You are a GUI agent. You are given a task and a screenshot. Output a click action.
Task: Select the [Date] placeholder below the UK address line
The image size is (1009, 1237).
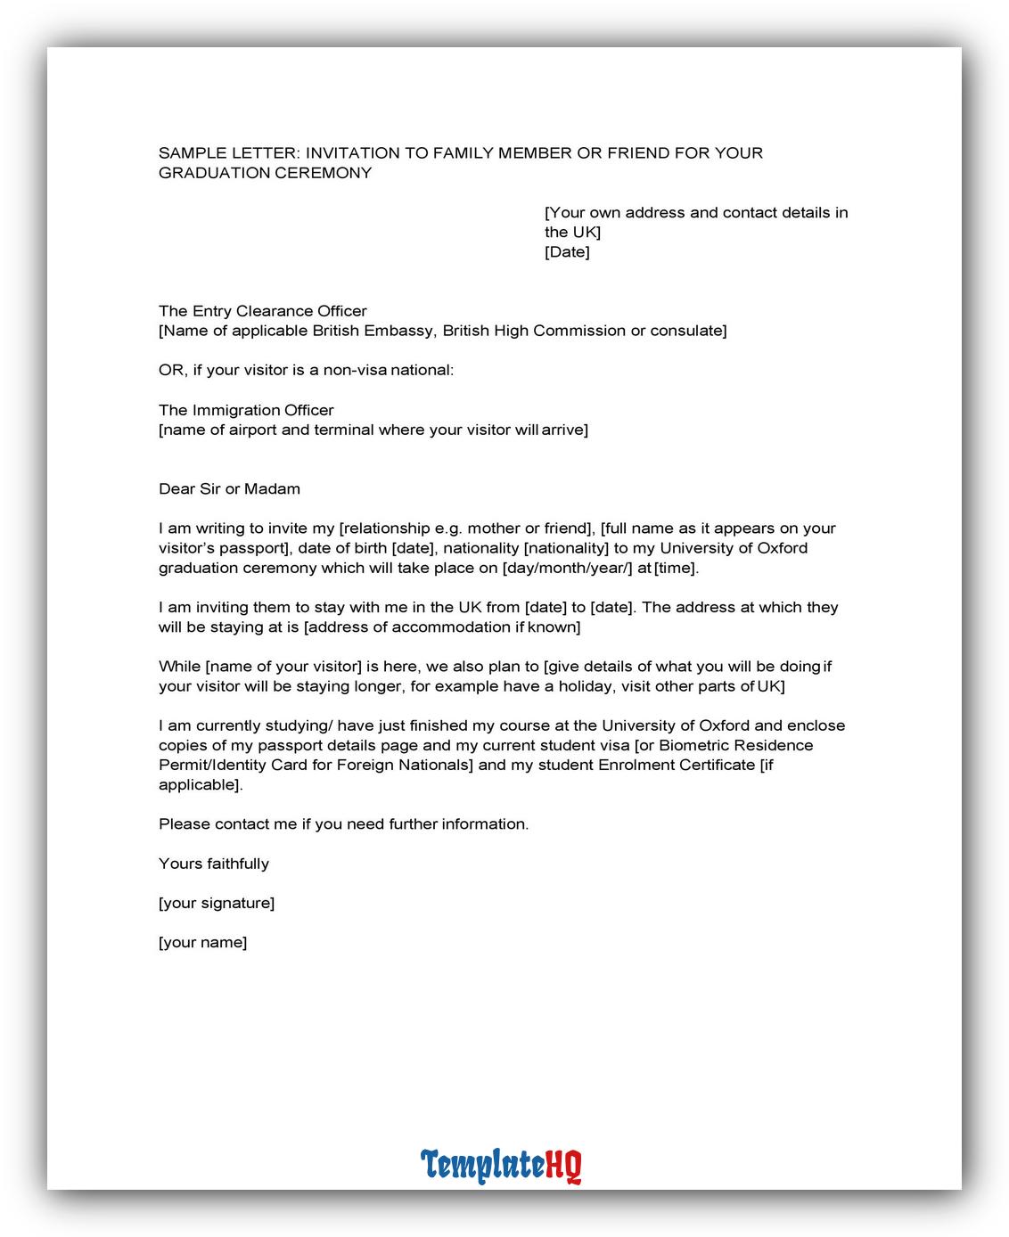click(x=567, y=252)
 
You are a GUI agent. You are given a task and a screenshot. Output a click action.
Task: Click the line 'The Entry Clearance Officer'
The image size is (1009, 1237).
click(x=263, y=311)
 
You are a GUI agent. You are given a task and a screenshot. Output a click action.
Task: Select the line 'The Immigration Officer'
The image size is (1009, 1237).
click(x=246, y=410)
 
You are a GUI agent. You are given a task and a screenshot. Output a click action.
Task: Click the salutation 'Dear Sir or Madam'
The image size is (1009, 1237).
click(x=229, y=488)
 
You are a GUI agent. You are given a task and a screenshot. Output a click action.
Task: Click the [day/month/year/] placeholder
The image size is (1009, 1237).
click(x=568, y=568)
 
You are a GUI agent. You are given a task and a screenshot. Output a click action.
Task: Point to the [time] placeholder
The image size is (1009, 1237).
click(x=677, y=568)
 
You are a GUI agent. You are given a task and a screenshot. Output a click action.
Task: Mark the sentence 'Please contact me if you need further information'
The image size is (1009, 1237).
click(x=343, y=824)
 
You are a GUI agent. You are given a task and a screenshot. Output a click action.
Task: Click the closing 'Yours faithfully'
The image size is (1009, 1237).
click(x=214, y=864)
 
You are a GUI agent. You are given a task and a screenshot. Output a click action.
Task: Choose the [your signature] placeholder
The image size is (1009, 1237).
click(x=217, y=903)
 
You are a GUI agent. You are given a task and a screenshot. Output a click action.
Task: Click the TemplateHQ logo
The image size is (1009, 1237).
click(x=501, y=1165)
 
